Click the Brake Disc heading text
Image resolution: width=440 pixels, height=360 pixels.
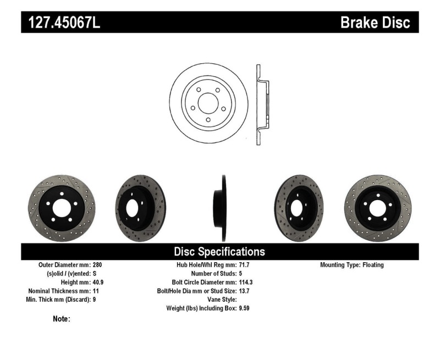coord(375,23)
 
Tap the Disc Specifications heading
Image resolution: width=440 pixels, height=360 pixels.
coord(219,252)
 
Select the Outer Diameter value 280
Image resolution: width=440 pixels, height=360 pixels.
coord(97,265)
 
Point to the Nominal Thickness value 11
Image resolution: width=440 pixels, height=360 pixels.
coord(96,291)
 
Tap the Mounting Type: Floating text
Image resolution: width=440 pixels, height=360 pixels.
coord(351,265)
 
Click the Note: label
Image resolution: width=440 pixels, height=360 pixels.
coord(61,319)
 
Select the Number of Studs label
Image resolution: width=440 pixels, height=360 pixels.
coord(213,273)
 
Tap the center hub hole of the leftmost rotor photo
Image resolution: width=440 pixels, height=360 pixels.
coord(61,208)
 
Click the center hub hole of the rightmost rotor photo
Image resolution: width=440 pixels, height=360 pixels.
coord(378,208)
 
